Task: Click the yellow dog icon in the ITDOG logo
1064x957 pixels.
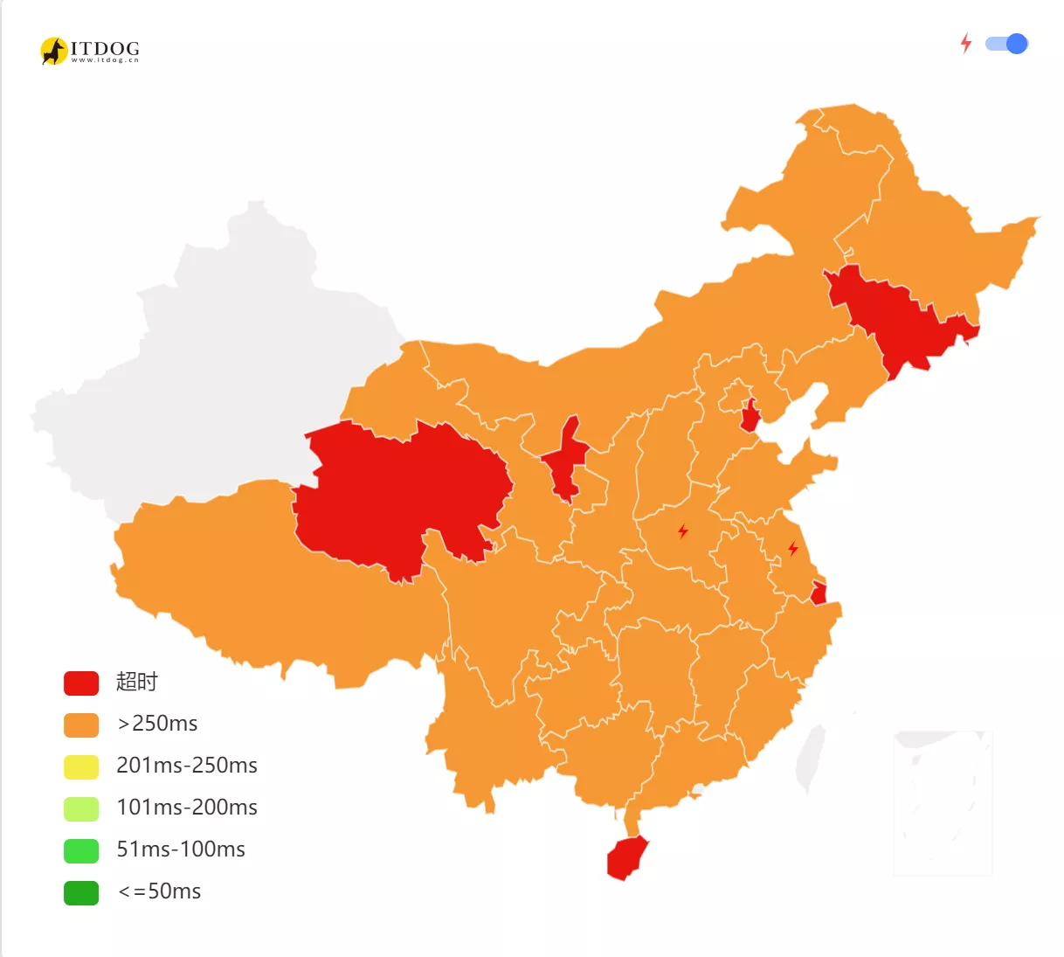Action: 53,51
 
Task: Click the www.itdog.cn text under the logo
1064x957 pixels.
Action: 105,60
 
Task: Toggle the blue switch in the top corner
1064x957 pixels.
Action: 1006,44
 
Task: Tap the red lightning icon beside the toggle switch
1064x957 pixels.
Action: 965,43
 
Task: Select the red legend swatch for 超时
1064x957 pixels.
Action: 81,683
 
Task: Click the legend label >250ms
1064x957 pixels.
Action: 157,724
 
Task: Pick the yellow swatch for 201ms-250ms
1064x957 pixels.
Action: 81,766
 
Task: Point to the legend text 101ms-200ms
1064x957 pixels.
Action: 186,808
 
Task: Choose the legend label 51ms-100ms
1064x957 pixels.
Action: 180,850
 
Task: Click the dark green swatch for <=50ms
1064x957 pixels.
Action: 81,892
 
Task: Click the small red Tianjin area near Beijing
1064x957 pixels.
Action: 750,417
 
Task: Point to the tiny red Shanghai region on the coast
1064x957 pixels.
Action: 819,593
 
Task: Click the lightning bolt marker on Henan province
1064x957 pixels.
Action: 683,531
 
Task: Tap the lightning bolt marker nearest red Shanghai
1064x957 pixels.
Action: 793,549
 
